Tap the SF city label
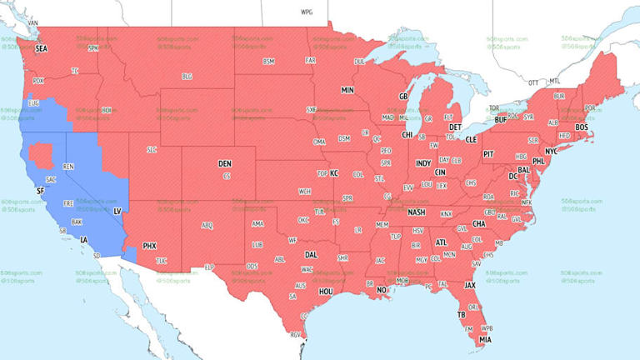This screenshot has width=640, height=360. pos(39,191)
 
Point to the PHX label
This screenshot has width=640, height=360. pos(150,246)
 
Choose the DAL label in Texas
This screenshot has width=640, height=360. pos(311,255)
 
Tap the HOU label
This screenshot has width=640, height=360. pos(326,292)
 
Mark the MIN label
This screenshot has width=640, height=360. pos(347,89)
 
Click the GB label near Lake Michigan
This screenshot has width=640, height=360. pos(403,97)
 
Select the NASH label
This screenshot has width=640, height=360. pos(417,212)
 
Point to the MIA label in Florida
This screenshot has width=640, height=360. pos(484,339)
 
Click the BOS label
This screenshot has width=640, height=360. pos(582,127)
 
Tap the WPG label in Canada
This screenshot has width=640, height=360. pos(307,12)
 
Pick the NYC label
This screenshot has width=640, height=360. pos(551,151)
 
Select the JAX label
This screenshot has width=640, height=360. pos(470,285)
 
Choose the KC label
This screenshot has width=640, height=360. pos(334,173)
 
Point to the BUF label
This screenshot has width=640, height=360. pos(501,120)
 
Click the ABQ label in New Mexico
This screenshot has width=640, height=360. pos(207,226)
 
